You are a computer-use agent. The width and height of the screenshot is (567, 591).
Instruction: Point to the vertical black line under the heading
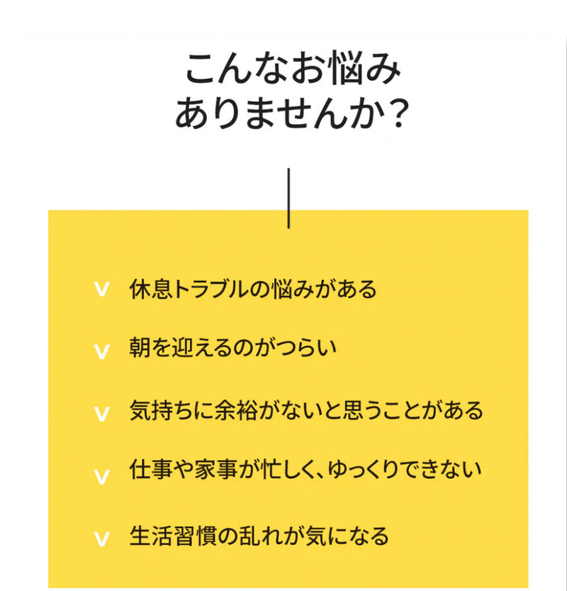coord(288,198)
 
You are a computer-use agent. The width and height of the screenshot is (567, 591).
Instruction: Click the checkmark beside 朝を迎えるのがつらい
coord(102,350)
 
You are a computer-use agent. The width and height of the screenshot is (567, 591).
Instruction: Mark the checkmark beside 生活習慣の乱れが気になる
coord(102,538)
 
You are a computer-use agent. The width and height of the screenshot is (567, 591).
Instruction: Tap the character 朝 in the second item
coord(140,348)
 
